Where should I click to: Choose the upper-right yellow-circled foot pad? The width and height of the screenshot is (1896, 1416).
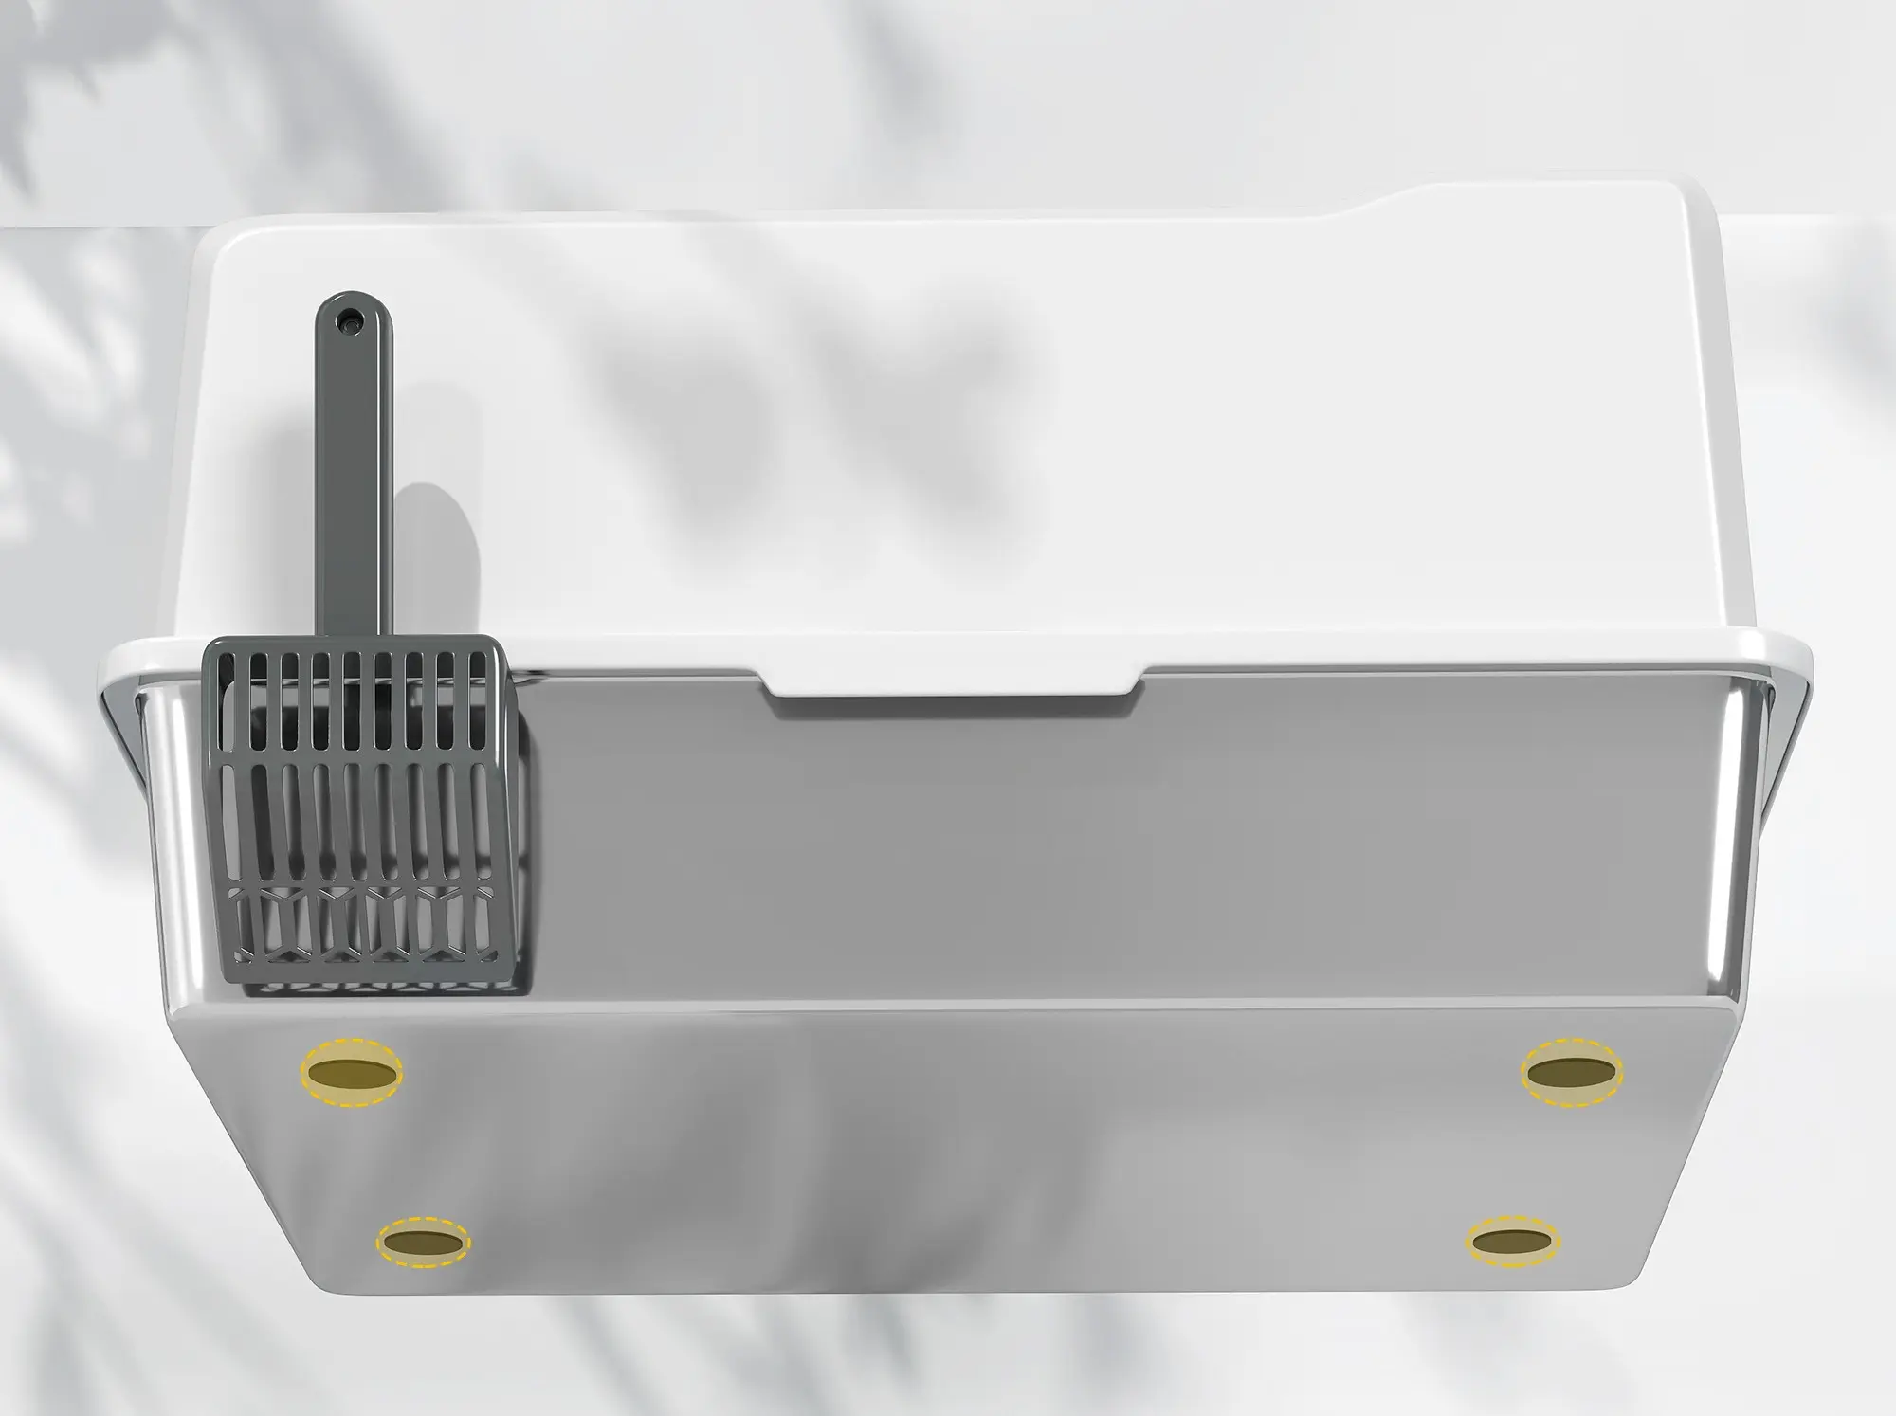click(x=1571, y=1073)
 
